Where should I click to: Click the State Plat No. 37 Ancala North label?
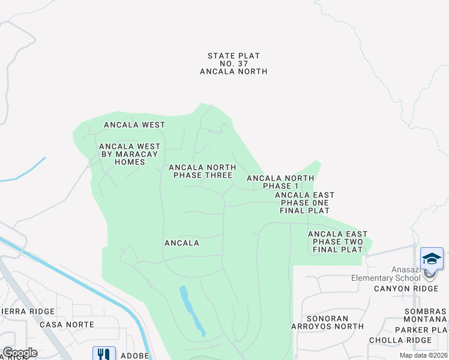(234, 64)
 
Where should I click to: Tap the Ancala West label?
(134, 125)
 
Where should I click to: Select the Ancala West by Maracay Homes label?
(130, 154)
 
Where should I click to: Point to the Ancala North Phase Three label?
(200, 172)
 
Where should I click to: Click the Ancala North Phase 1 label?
(280, 182)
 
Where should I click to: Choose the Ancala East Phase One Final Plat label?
(304, 203)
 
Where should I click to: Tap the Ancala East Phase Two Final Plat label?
(337, 242)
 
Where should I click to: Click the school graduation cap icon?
(432, 259)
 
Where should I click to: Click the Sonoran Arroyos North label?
(335, 322)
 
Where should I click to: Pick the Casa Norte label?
(67, 324)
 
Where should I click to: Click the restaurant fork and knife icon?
(104, 354)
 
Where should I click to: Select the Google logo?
(20, 353)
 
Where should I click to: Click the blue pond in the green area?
(192, 310)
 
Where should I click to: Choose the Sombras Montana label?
(426, 316)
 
